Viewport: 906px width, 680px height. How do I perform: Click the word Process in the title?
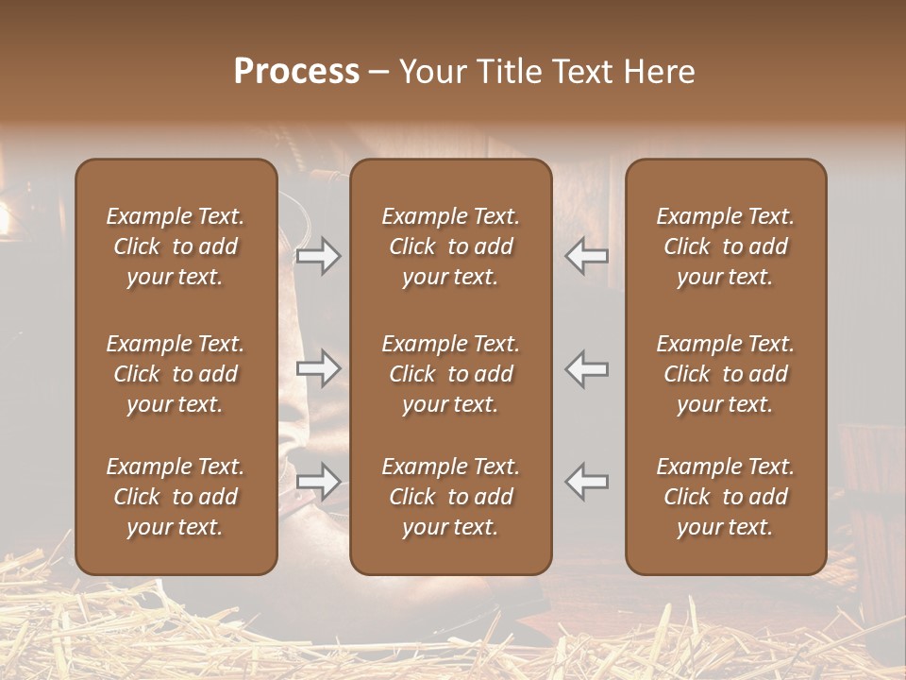(x=296, y=72)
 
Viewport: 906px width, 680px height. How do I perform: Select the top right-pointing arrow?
(x=319, y=256)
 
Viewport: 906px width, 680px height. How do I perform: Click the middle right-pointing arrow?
(x=319, y=368)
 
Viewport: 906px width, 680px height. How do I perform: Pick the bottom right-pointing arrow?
(x=319, y=482)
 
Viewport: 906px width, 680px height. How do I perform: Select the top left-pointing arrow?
(x=587, y=256)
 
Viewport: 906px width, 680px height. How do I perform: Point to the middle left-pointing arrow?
(x=587, y=368)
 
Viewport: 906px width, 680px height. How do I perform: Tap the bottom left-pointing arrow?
(x=587, y=482)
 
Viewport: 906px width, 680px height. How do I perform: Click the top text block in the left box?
(x=176, y=246)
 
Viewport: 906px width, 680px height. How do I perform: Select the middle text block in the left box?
(x=176, y=374)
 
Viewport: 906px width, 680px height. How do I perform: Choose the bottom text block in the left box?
(x=176, y=497)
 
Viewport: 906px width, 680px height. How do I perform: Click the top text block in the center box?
(x=451, y=246)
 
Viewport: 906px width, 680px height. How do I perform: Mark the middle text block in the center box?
(x=451, y=374)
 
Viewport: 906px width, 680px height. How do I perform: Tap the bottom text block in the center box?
(x=451, y=497)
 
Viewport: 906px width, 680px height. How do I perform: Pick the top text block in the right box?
(x=726, y=246)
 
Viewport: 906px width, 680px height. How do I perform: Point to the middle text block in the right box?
(x=726, y=374)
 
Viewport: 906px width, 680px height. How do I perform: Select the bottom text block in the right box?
(x=726, y=497)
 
